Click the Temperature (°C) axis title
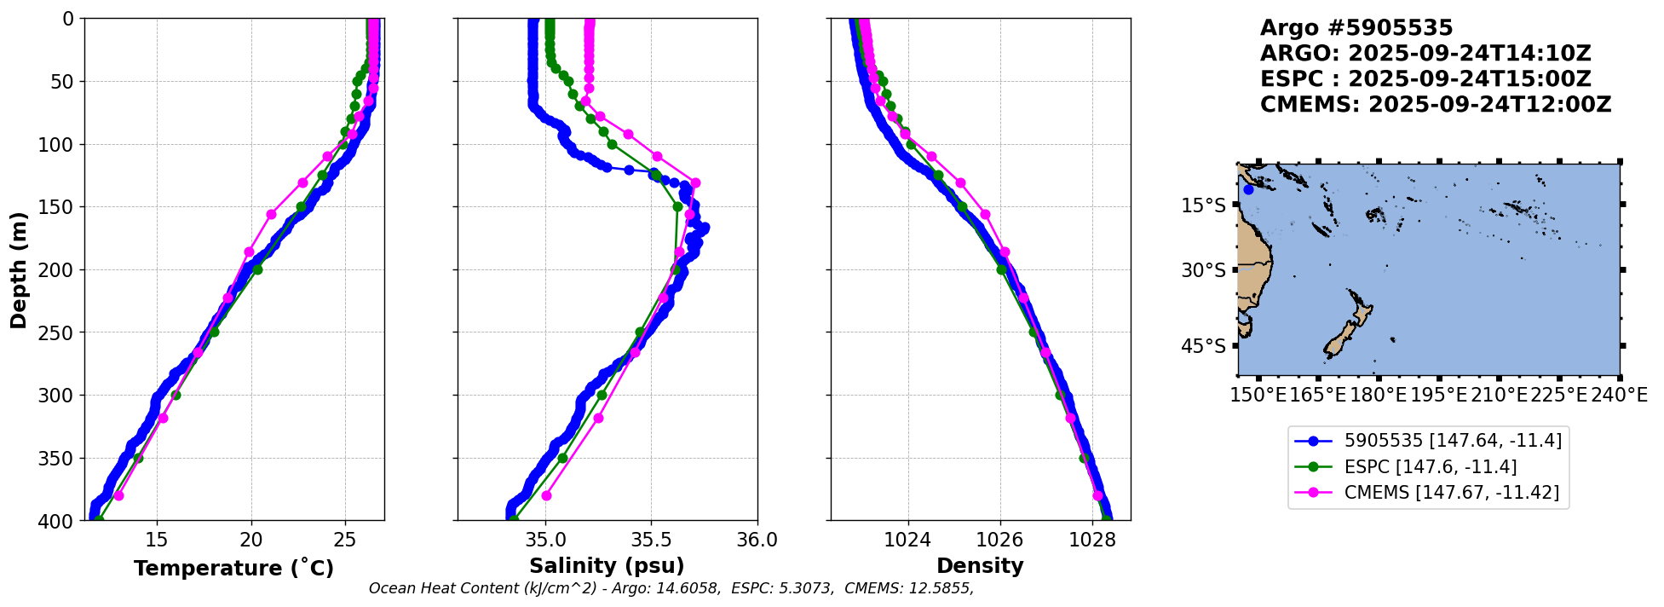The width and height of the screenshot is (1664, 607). (233, 569)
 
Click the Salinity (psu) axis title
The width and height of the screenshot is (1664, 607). (607, 566)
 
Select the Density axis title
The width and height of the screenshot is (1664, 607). (980, 566)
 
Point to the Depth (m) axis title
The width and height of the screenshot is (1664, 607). (19, 269)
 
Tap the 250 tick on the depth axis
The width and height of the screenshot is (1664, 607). (62, 332)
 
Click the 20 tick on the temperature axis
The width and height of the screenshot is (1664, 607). (250, 540)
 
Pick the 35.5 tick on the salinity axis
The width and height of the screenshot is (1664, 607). (651, 540)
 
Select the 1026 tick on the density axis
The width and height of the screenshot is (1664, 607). (999, 540)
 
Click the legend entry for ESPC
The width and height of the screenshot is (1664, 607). (1430, 466)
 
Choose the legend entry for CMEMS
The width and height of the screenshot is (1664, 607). (1451, 493)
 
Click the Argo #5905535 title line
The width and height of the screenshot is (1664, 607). (1356, 28)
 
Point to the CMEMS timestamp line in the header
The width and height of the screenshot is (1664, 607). (1435, 105)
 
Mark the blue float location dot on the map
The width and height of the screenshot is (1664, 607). (1248, 189)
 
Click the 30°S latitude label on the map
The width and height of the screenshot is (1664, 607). (1203, 270)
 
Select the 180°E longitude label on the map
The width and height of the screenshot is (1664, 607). (1378, 396)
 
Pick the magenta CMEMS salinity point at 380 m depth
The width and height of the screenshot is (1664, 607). (546, 495)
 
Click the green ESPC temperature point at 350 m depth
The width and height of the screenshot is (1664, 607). (138, 459)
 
